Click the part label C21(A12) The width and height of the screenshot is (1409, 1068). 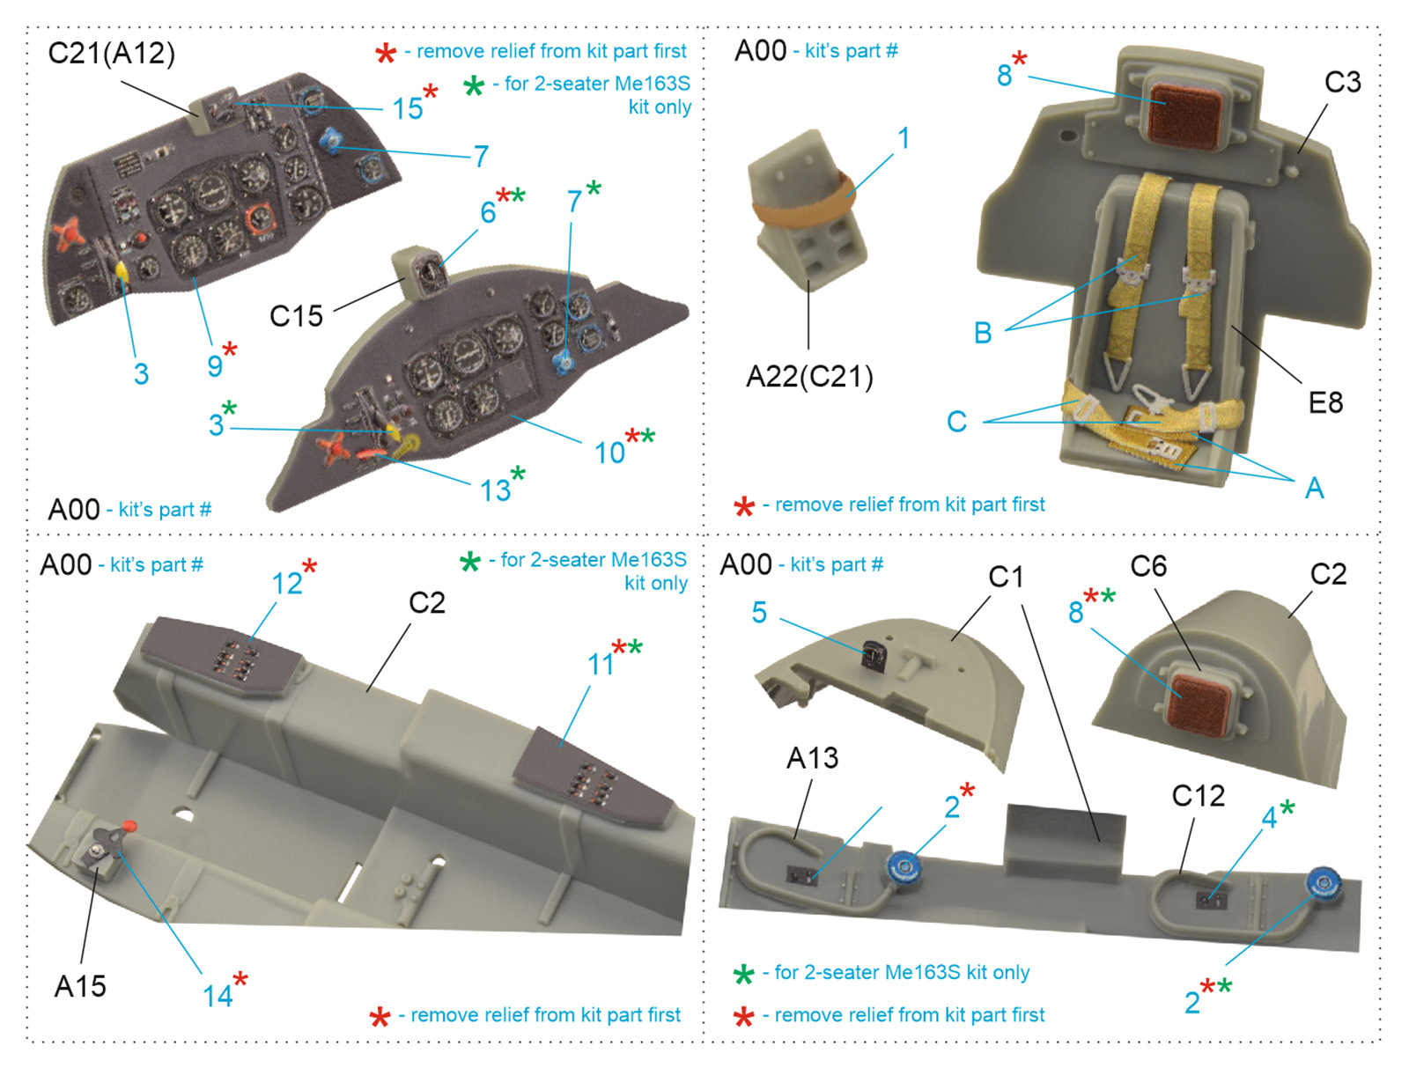[112, 54]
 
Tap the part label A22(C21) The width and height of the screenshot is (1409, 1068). [809, 377]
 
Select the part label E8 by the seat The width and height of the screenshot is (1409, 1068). [1325, 403]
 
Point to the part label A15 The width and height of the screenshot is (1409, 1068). [80, 986]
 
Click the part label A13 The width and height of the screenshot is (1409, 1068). [812, 758]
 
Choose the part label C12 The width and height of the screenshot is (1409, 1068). [1198, 796]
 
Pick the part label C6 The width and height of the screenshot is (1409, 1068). [1148, 567]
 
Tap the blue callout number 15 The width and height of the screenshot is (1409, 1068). [408, 108]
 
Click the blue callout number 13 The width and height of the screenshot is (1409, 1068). [495, 490]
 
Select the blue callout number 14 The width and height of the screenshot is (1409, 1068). [218, 996]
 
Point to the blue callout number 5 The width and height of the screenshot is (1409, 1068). [759, 613]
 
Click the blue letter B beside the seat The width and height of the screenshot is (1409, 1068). [983, 334]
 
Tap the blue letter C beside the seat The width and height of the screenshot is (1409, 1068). [957, 422]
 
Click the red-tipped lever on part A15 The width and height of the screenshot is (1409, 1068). [129, 827]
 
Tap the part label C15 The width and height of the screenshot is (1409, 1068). [297, 316]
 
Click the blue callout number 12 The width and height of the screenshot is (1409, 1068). [287, 584]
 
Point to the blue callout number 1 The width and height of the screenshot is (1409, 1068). [904, 138]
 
